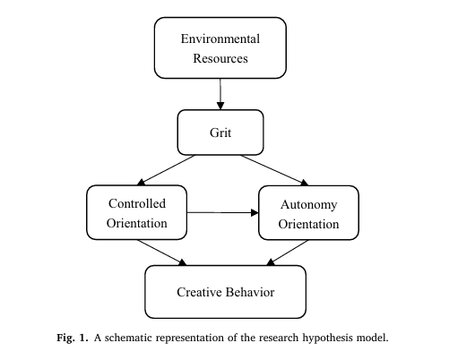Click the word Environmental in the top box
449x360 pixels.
click(220, 39)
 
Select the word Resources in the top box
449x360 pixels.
click(220, 58)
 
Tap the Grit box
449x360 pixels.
click(220, 133)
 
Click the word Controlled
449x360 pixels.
click(137, 203)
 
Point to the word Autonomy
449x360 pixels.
click(309, 205)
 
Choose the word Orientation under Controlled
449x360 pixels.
click(137, 223)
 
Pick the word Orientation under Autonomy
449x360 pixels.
click(308, 224)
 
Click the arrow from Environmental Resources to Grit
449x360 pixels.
click(220, 94)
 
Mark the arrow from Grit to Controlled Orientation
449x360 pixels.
click(166, 170)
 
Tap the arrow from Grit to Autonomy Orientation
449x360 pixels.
click(274, 170)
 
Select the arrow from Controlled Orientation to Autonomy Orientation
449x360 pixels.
click(222, 212)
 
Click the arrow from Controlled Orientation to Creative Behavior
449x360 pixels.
click(162, 253)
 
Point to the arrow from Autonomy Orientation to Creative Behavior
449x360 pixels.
click(287, 253)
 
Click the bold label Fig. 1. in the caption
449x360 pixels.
click(73, 338)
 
